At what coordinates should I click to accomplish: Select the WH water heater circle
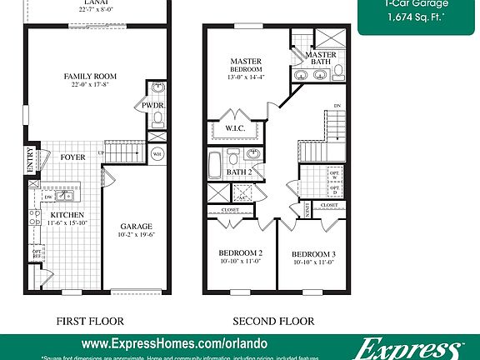(157, 153)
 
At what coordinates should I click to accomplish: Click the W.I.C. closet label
(234, 128)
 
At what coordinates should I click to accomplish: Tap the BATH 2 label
(240, 172)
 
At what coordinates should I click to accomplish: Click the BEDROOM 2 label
(241, 252)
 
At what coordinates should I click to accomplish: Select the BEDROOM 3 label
(313, 253)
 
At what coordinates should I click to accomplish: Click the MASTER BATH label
(321, 58)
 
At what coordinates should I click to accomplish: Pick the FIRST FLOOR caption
(90, 320)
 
